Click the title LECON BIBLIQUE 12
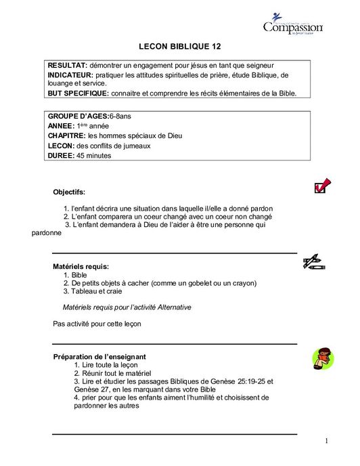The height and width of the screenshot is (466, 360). (180, 47)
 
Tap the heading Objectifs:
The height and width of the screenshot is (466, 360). (69, 192)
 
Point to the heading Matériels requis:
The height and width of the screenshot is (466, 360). (81, 267)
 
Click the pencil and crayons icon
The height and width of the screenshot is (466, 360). (314, 262)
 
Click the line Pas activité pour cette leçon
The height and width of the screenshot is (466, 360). (97, 324)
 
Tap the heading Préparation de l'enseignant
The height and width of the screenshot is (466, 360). (99, 357)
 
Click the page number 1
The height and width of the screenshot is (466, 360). (326, 442)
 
